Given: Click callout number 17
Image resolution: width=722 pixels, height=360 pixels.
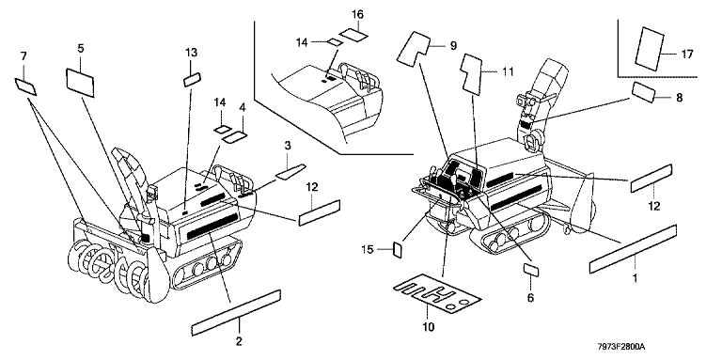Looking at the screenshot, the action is coord(687,55).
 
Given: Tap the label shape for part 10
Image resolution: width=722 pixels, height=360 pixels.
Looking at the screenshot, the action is coord(437,294).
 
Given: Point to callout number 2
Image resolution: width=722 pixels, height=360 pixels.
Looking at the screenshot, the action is coord(239,341).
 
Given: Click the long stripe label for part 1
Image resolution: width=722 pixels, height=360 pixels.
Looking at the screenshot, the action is coord(633,249).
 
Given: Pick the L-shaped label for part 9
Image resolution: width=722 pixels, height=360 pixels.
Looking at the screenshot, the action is coord(413,47).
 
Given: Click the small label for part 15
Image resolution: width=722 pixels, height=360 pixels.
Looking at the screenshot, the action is coord(398,250).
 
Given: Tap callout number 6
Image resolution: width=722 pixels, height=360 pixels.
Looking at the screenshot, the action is coord(530,298).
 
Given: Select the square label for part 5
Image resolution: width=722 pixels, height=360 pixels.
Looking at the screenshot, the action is coord(81,83).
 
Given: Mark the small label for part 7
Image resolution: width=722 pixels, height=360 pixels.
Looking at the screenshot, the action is coord(25,86).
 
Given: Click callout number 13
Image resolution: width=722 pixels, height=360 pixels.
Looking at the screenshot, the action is coord(191,53).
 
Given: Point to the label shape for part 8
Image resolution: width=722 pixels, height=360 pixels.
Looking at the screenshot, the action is coord(643,91).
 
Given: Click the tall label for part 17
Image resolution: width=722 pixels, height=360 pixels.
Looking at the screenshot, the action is coord(650,49).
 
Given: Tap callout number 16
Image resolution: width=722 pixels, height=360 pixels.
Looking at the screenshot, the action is coord(358,14).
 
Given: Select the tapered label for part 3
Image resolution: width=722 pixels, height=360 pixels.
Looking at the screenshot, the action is coord(290,171).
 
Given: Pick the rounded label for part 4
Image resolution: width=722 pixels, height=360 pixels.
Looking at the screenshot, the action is coord(235,137).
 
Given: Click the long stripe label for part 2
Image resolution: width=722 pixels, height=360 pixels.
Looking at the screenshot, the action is coord(236,313).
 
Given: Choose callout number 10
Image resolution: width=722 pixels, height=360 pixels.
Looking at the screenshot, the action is coord(429,327).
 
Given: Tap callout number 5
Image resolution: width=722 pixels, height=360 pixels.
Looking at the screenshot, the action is coord(81,48).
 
